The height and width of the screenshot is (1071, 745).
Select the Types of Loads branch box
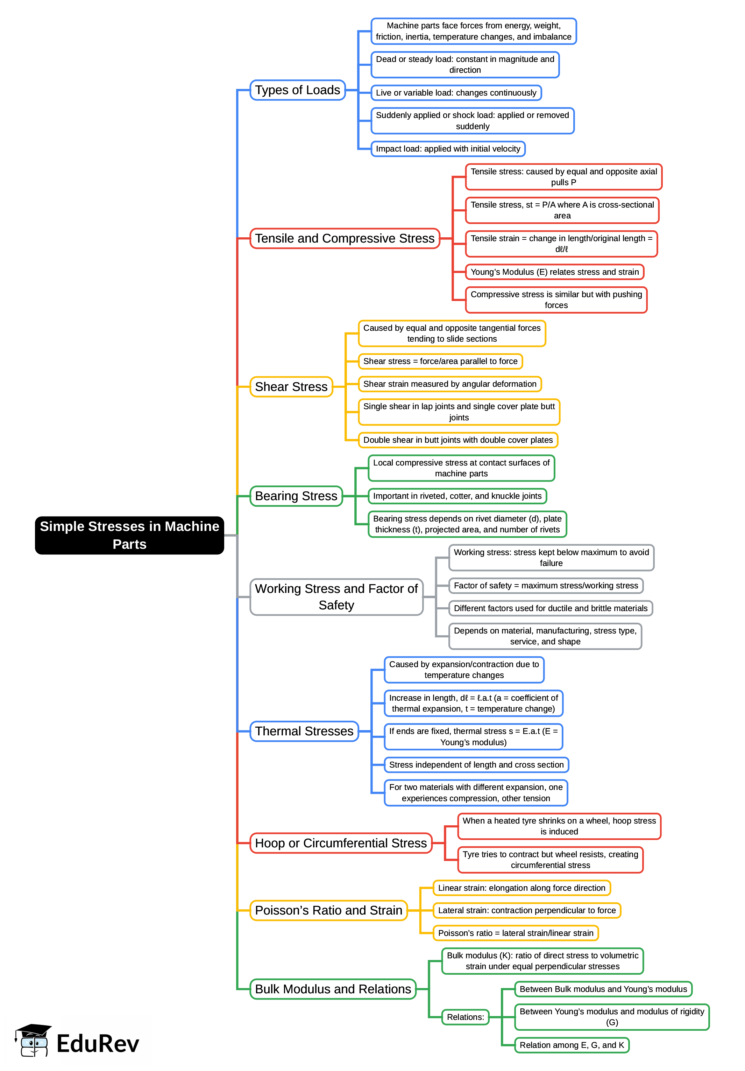pyautogui.click(x=297, y=90)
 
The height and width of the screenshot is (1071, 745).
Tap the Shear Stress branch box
pyautogui.click(x=291, y=387)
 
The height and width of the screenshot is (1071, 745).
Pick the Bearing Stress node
pyautogui.click(x=296, y=496)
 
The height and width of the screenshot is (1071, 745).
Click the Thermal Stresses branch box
pyautogui.click(x=304, y=731)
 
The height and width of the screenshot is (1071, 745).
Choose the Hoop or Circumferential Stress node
pyautogui.click(x=340, y=843)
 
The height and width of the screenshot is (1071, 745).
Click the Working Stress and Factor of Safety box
pyautogui.click(x=336, y=597)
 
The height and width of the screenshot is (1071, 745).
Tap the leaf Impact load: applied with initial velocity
pyautogui.click(x=448, y=149)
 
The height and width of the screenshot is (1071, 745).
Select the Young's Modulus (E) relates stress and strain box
pyautogui.click(x=554, y=272)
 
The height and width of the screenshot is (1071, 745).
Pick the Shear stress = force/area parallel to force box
pyautogui.click(x=440, y=361)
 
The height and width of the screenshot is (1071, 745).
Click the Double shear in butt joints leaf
pyautogui.click(x=457, y=440)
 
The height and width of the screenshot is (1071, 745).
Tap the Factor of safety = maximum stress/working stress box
pyautogui.click(x=546, y=586)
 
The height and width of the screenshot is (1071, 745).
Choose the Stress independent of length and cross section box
pyautogui.click(x=476, y=764)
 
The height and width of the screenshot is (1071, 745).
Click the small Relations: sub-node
pyautogui.click(x=465, y=1017)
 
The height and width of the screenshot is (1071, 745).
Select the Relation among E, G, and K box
pyautogui.click(x=571, y=1045)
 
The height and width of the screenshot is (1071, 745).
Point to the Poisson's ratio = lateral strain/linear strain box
pyautogui.click(x=515, y=933)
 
